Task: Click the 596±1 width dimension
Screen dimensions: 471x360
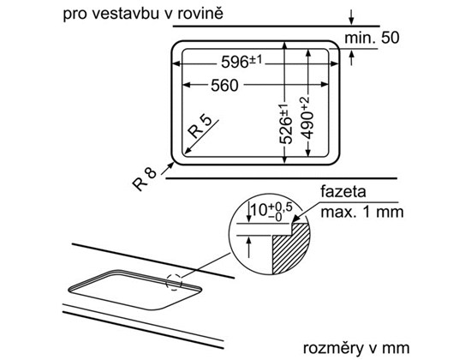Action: (241, 62)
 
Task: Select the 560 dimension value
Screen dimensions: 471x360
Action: (224, 86)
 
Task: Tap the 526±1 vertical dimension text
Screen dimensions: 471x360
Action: (286, 124)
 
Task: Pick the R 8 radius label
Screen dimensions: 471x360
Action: (145, 179)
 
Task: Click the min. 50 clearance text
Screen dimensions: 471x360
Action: (372, 38)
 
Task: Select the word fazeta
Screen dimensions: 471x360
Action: (343, 192)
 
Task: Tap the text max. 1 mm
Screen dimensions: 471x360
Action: (362, 212)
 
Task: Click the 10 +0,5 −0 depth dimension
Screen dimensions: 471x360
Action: (271, 210)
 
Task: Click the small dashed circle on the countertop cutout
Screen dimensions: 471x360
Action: (174, 282)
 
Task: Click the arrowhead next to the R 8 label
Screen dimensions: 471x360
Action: (170, 166)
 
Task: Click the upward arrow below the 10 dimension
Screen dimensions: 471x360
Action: (248, 247)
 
